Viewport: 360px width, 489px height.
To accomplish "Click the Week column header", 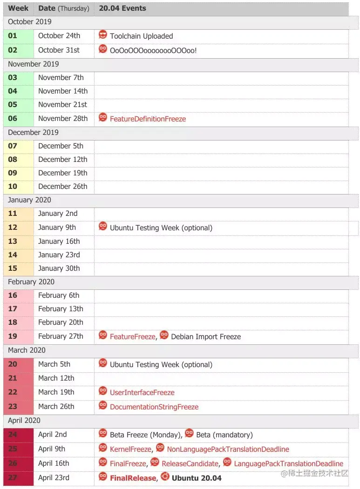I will (18, 8).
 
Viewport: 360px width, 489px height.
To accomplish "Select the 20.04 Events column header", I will (122, 8).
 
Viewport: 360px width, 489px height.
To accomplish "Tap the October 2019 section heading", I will (30, 22).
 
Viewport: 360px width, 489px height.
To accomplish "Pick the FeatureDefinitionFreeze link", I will (148, 119).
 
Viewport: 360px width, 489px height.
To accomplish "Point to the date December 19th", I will (62, 173).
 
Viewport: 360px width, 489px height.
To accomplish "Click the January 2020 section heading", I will (29, 200).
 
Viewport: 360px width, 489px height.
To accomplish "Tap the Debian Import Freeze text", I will (206, 337).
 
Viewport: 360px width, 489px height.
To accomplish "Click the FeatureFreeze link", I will (132, 337).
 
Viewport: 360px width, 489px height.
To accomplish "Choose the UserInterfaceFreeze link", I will (142, 393).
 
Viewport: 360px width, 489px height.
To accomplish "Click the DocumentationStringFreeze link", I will (154, 407).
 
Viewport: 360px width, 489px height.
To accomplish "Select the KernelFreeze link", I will (130, 449).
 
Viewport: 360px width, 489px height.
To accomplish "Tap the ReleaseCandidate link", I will (190, 464).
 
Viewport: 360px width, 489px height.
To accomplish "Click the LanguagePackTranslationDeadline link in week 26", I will (288, 464).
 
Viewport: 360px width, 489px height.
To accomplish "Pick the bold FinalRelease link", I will (133, 478).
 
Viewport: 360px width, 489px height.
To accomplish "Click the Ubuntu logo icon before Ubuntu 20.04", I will (165, 477).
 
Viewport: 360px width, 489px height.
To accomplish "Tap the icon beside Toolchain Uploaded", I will (103, 35).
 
